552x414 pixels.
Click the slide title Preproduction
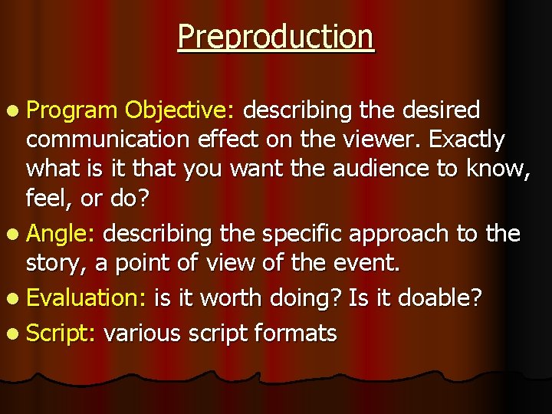point(276,37)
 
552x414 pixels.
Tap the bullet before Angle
point(15,233)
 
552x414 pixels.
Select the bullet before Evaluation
point(15,298)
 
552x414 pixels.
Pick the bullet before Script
point(15,333)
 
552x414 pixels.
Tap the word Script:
point(61,333)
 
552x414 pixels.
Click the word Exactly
point(466,140)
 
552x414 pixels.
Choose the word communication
point(109,140)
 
